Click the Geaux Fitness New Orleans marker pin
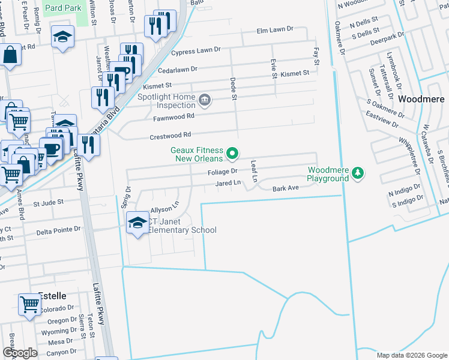pos(232,155)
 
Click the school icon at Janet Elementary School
pos(137,223)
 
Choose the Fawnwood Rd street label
pos(175,116)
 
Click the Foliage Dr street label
pos(223,172)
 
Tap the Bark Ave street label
pos(285,188)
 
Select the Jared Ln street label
pos(228,183)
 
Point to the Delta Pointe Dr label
pos(58,230)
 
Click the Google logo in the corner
pos(20,353)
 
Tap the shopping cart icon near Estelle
pos(29,304)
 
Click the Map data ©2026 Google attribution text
pos(411,355)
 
